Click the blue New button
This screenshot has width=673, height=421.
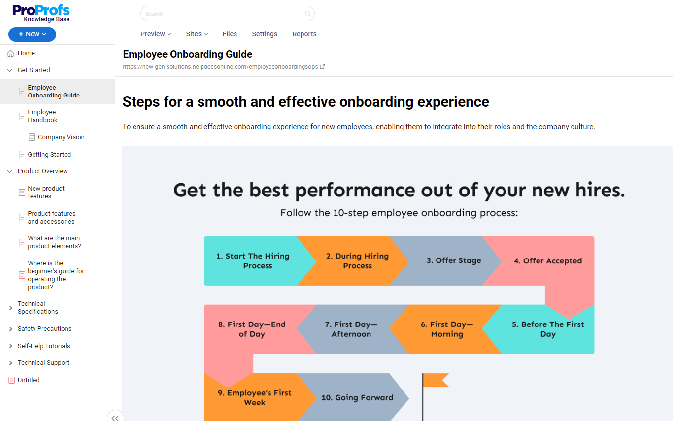coord(32,34)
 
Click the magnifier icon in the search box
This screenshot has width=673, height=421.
coord(307,14)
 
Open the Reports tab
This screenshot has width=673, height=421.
coord(304,34)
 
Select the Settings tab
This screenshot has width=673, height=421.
coord(265,34)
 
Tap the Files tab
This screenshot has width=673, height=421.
coord(230,34)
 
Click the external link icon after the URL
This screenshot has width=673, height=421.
coord(322,66)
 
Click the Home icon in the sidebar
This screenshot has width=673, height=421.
coord(10,53)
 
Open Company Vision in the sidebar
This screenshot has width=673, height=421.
coord(61,137)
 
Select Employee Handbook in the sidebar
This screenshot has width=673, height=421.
coord(42,116)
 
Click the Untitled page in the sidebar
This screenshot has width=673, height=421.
coord(29,380)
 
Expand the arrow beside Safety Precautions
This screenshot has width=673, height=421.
coord(10,329)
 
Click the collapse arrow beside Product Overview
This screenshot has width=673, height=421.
coord(10,171)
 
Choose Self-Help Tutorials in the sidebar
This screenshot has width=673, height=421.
coord(43,346)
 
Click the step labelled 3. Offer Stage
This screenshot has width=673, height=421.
coord(454,260)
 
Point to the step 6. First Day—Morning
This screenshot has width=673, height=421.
coord(446,329)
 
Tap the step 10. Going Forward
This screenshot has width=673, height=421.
coord(357,397)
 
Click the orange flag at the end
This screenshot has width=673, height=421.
coord(436,380)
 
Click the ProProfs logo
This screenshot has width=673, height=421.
coord(41,13)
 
